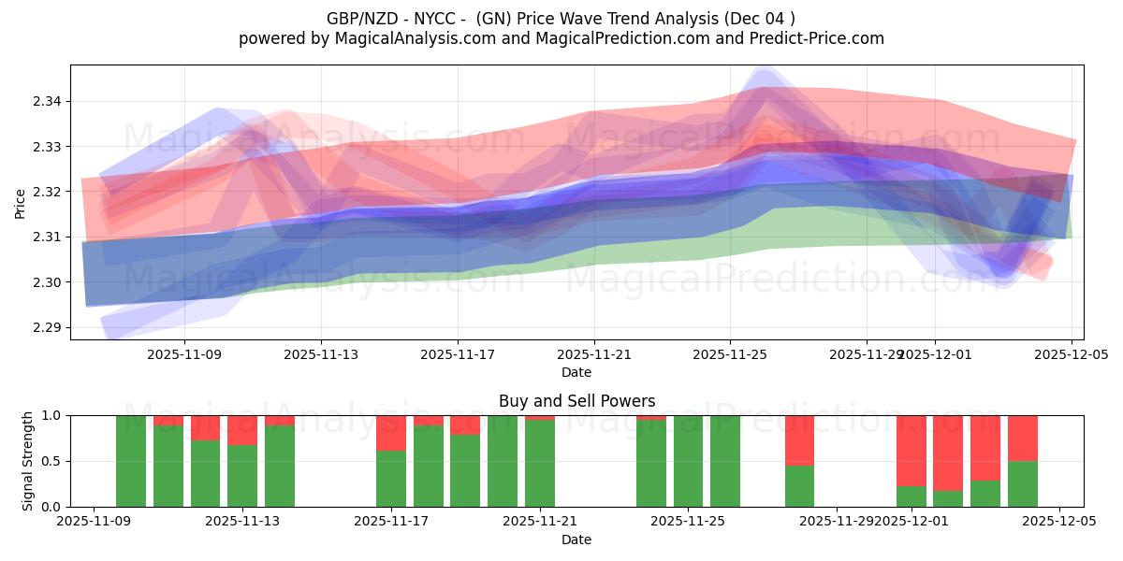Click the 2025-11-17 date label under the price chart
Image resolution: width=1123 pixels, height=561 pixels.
pos(458,355)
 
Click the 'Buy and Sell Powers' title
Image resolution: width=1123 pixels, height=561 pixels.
pos(576,401)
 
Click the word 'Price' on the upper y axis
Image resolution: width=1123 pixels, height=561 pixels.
pos(21,202)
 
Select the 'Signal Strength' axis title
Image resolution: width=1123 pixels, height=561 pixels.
pos(28,460)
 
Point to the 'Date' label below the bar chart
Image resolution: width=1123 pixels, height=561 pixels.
pos(576,539)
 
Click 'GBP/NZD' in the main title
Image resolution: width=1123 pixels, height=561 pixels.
pos(357,19)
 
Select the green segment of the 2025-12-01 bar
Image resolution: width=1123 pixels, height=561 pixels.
pos(911,496)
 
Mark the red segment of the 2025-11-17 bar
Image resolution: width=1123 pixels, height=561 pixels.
pos(391,433)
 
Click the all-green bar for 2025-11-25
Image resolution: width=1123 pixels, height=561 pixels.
pos(689,461)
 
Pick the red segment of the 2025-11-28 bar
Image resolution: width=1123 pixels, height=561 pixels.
pos(799,439)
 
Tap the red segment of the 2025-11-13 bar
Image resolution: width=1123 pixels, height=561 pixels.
pos(242,429)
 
